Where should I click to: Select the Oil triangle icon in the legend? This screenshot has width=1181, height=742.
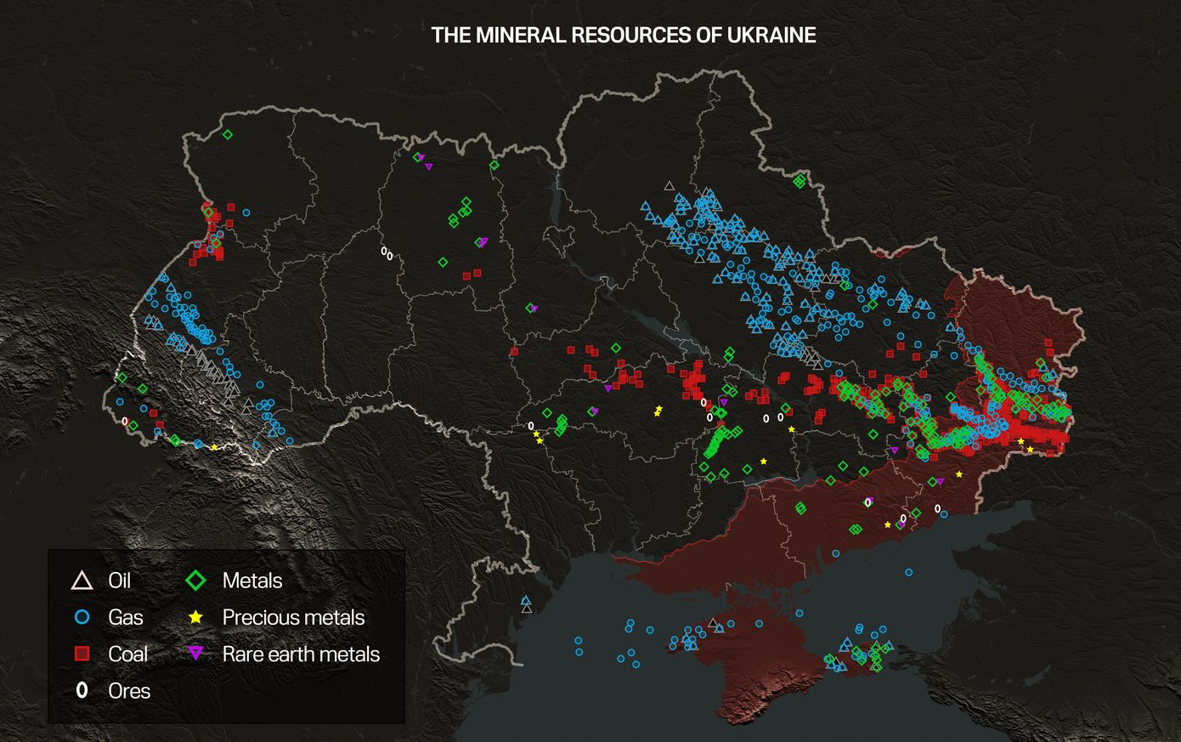point(82,581)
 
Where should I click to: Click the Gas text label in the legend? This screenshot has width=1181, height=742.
point(126,618)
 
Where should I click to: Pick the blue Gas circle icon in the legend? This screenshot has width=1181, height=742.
point(82,618)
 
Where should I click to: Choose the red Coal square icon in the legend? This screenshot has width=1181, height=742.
point(82,654)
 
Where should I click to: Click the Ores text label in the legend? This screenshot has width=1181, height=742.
point(129,691)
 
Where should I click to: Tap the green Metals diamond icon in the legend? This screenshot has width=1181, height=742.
point(196,581)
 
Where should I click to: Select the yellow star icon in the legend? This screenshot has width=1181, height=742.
point(196,618)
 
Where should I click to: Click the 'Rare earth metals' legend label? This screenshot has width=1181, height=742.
point(301,654)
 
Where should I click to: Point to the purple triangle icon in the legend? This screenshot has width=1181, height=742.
point(196,654)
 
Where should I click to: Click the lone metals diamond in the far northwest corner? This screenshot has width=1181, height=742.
point(228,134)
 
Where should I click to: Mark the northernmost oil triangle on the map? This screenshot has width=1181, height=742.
point(669,185)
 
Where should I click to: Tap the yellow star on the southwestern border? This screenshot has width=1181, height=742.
point(213,447)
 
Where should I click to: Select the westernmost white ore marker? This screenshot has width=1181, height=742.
point(125,421)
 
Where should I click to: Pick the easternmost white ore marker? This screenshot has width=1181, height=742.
point(938,508)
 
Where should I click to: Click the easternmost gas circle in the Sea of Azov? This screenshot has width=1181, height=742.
point(908,573)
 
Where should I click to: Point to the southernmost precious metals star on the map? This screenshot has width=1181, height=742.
point(888,525)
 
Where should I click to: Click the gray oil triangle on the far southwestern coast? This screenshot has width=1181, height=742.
point(527,609)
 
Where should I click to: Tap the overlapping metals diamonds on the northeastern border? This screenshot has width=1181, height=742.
point(799,181)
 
